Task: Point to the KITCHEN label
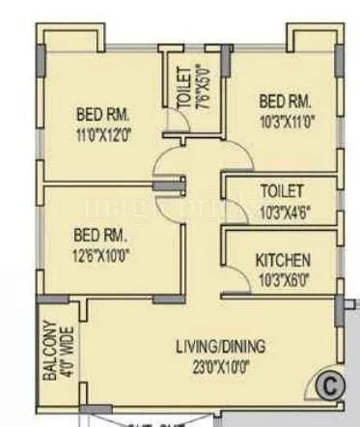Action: [x=282, y=261]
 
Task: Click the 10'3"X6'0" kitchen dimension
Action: [x=283, y=279]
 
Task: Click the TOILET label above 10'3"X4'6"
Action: [x=282, y=191]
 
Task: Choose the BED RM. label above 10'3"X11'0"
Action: [x=286, y=100]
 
